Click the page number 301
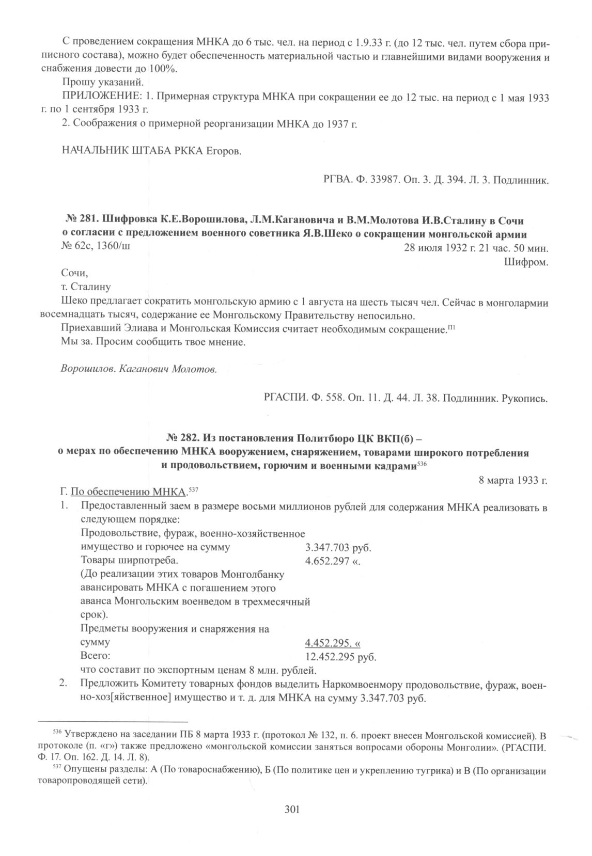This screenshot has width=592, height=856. (292, 809)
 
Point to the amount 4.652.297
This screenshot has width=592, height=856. (328, 561)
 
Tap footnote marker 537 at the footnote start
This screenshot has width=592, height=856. (57, 769)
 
